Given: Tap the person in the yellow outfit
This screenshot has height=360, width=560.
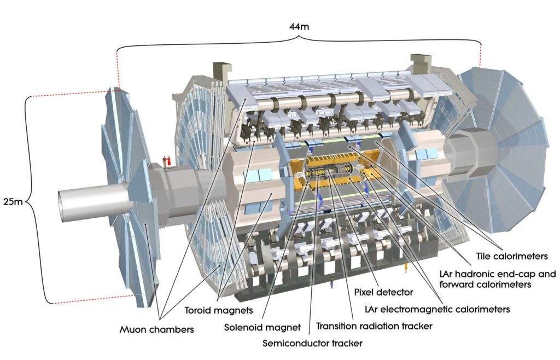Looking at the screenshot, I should (x=406, y=268).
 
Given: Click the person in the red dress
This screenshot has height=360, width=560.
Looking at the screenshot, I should (x=170, y=161).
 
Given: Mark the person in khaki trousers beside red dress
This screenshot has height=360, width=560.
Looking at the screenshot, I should (x=164, y=161).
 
